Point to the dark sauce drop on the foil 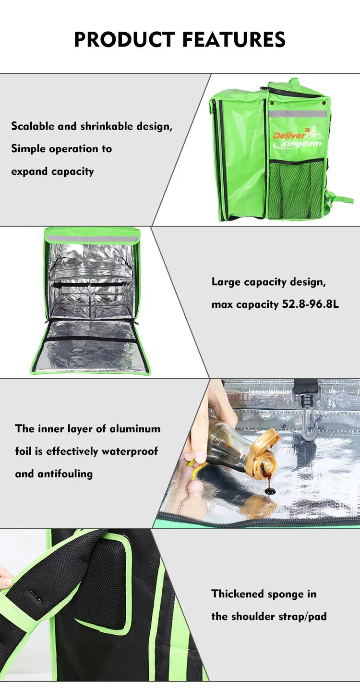[x=270, y=491]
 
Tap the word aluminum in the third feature [x=137, y=429]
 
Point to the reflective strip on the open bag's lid [x=92, y=239]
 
